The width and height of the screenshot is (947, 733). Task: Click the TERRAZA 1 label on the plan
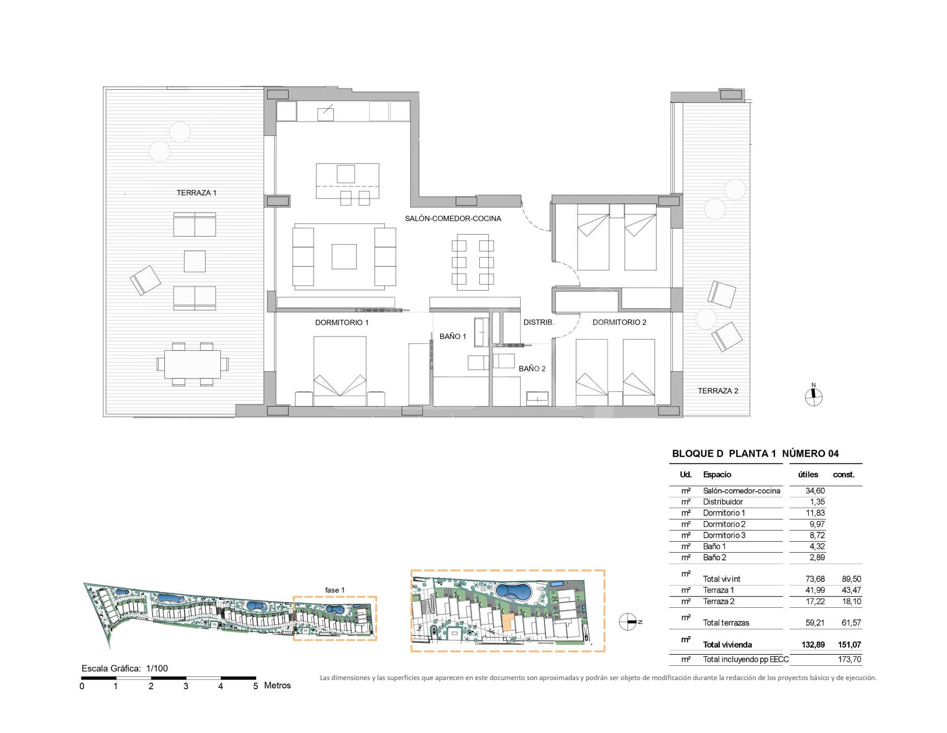click(196, 193)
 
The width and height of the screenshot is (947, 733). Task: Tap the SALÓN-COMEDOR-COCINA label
click(453, 218)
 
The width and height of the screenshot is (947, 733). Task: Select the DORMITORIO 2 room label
click(619, 322)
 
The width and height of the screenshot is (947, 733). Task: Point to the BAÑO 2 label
click(532, 369)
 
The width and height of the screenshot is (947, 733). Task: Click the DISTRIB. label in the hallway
click(538, 322)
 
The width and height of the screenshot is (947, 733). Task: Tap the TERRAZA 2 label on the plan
click(718, 391)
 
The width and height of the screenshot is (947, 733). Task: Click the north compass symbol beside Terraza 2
click(813, 396)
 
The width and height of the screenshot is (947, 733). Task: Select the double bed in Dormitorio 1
click(340, 371)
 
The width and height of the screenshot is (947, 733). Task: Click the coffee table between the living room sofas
click(344, 257)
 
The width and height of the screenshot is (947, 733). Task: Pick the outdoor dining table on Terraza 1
click(192, 364)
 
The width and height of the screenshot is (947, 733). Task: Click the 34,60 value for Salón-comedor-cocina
click(815, 491)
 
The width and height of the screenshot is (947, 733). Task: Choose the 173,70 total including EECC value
click(849, 659)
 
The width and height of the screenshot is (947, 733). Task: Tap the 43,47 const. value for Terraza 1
click(851, 590)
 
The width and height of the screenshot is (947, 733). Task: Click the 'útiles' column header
click(808, 474)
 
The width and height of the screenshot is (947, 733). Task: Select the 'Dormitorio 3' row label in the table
click(724, 535)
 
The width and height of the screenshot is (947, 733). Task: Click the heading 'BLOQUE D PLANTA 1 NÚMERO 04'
click(755, 454)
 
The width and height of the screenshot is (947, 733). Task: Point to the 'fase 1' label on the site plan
click(335, 590)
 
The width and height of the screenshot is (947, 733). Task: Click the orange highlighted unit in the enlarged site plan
click(506, 623)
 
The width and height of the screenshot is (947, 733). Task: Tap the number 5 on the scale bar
click(255, 686)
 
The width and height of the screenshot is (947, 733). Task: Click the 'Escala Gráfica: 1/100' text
click(125, 668)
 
